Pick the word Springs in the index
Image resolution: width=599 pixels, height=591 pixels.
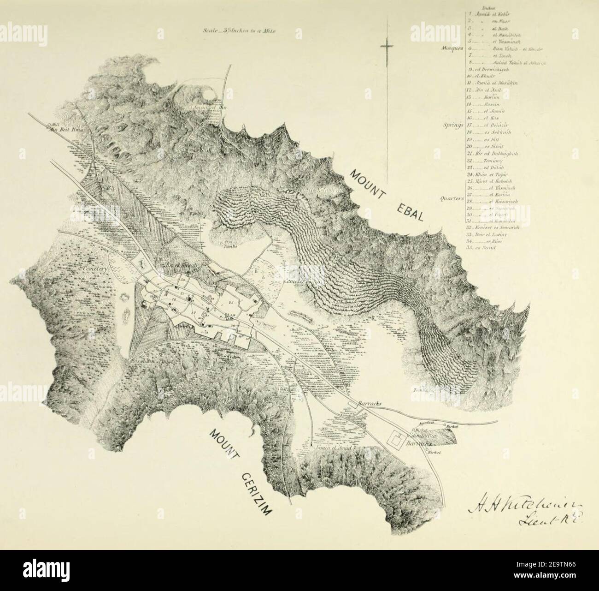tap(453, 124)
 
